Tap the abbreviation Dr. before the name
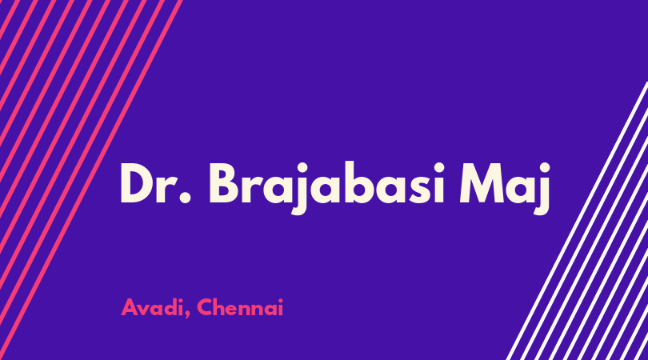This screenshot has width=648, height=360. pyautogui.click(x=156, y=183)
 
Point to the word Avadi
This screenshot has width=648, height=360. pyautogui.click(x=152, y=307)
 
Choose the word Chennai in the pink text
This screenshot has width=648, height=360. pyautogui.click(x=240, y=307)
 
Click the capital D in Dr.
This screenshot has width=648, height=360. pyautogui.click(x=138, y=183)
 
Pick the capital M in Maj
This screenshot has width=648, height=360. pyautogui.click(x=482, y=183)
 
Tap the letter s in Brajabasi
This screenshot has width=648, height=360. pyautogui.click(x=414, y=189)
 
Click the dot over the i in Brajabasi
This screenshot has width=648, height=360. pyautogui.click(x=438, y=167)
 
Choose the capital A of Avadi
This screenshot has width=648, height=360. pyautogui.click(x=130, y=307)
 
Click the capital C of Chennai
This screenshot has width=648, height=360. pyautogui.click(x=205, y=307)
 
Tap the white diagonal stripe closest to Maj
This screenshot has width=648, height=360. pyautogui.click(x=577, y=221)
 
